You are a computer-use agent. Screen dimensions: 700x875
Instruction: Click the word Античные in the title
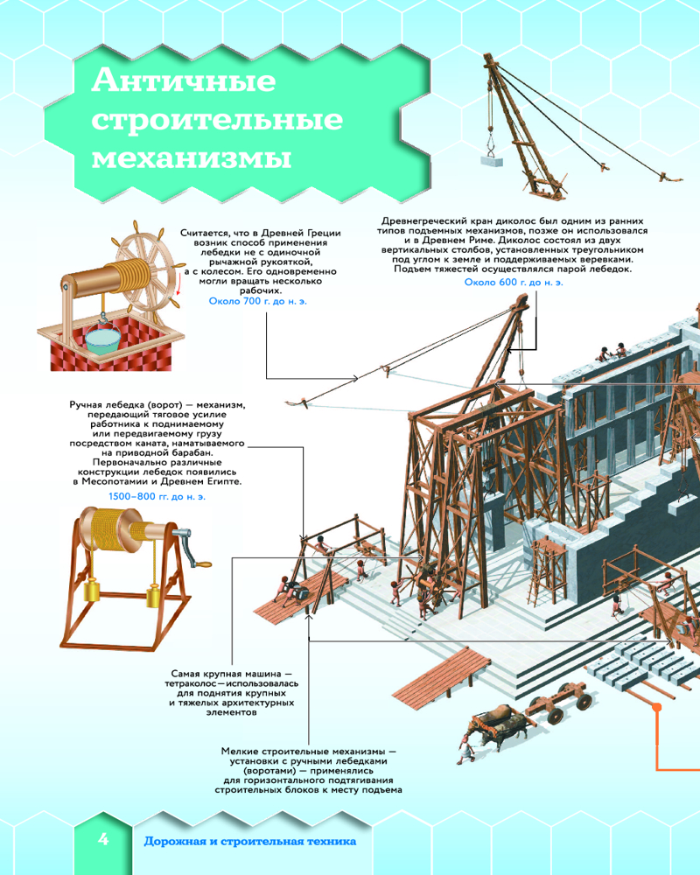(184, 81)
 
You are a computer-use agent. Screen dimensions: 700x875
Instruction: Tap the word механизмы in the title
(192, 157)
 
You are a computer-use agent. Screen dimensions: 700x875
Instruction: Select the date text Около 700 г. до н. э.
(258, 301)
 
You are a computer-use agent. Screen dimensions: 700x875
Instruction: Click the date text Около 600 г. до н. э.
(514, 283)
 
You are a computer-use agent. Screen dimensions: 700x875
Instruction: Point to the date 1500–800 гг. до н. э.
(157, 497)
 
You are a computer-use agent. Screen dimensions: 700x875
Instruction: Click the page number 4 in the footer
(103, 839)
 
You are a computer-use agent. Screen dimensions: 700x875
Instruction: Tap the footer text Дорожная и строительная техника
(249, 841)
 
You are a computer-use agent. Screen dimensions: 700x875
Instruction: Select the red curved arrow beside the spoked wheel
(179, 286)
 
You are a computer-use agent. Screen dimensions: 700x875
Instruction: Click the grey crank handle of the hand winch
(191, 549)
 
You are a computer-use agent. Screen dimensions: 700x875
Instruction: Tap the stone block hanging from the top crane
(491, 161)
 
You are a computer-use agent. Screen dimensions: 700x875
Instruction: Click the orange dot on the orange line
(657, 707)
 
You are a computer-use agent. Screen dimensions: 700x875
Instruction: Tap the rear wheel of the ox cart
(584, 701)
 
